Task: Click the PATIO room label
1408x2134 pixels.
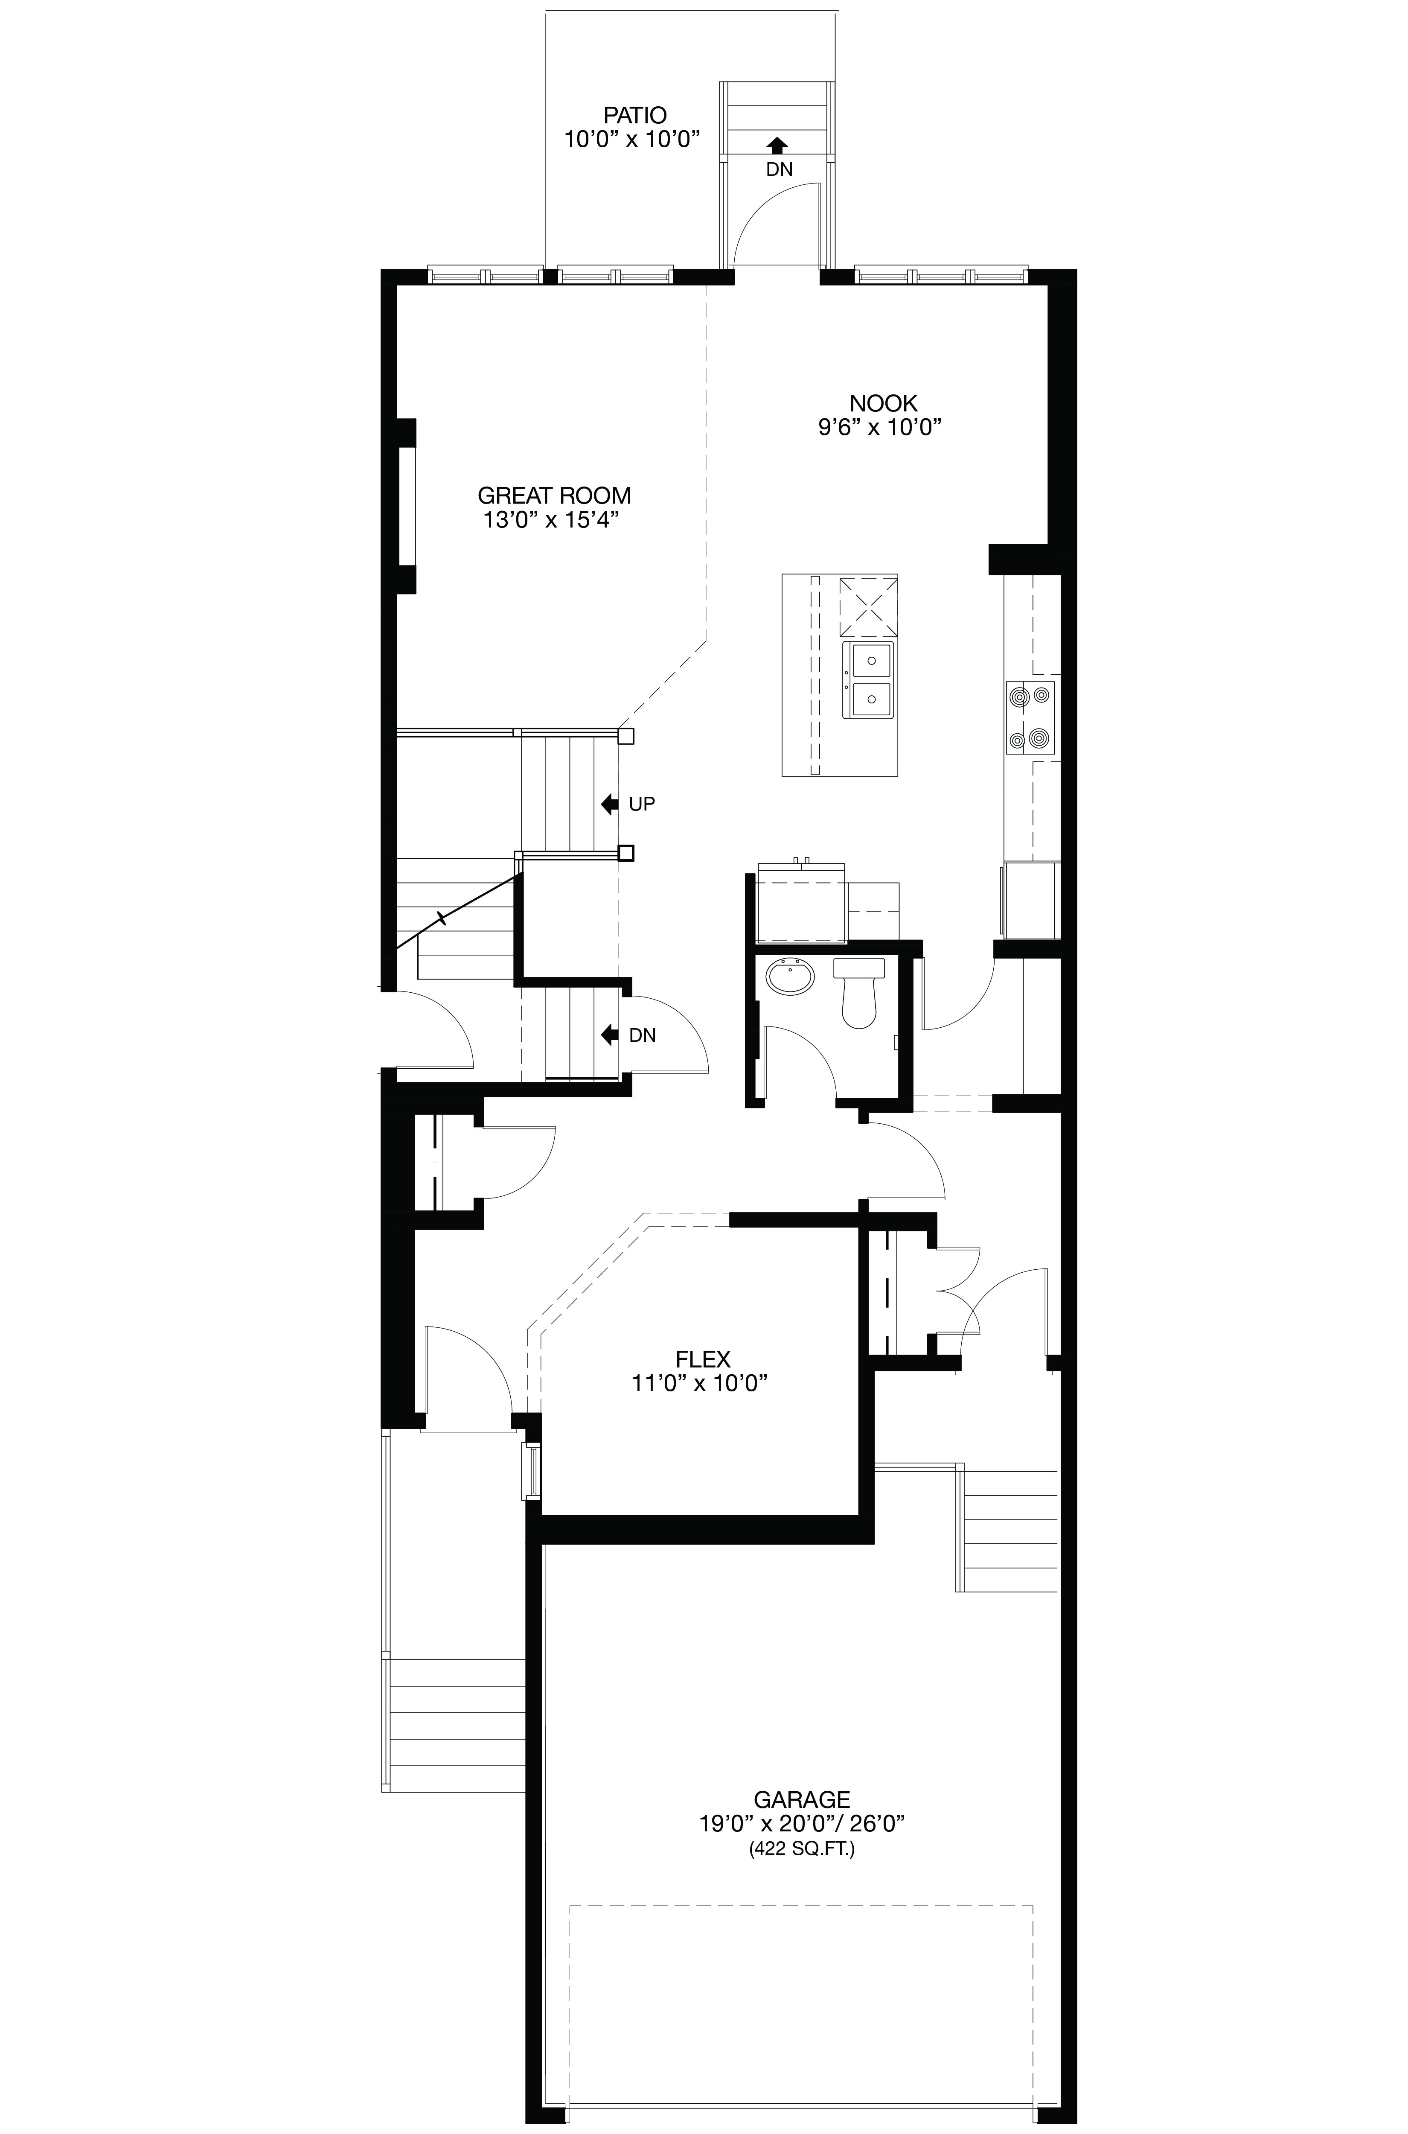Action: coord(634,115)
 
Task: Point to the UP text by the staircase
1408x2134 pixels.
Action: coord(642,804)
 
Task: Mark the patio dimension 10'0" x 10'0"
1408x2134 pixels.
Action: coord(632,139)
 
